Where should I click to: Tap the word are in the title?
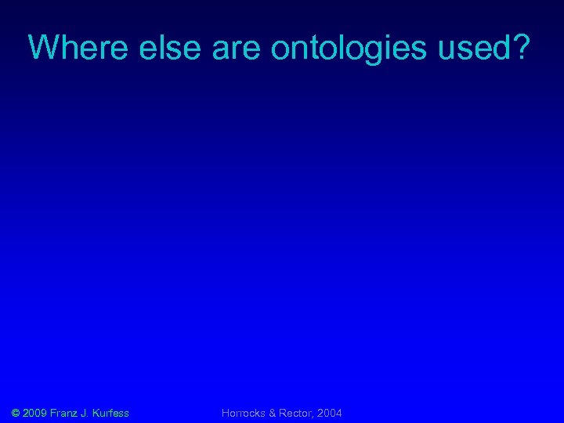pyautogui.click(x=237, y=48)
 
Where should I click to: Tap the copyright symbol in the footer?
pyautogui.click(x=16, y=413)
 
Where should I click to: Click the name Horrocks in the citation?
pyautogui.click(x=244, y=413)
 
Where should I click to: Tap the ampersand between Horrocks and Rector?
pyautogui.click(x=273, y=413)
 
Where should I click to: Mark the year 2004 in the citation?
pyautogui.click(x=330, y=413)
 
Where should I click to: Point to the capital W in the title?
pyautogui.click(x=40, y=48)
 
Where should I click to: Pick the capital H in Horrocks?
pyautogui.click(x=226, y=413)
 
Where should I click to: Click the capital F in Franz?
pyautogui.click(x=54, y=413)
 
